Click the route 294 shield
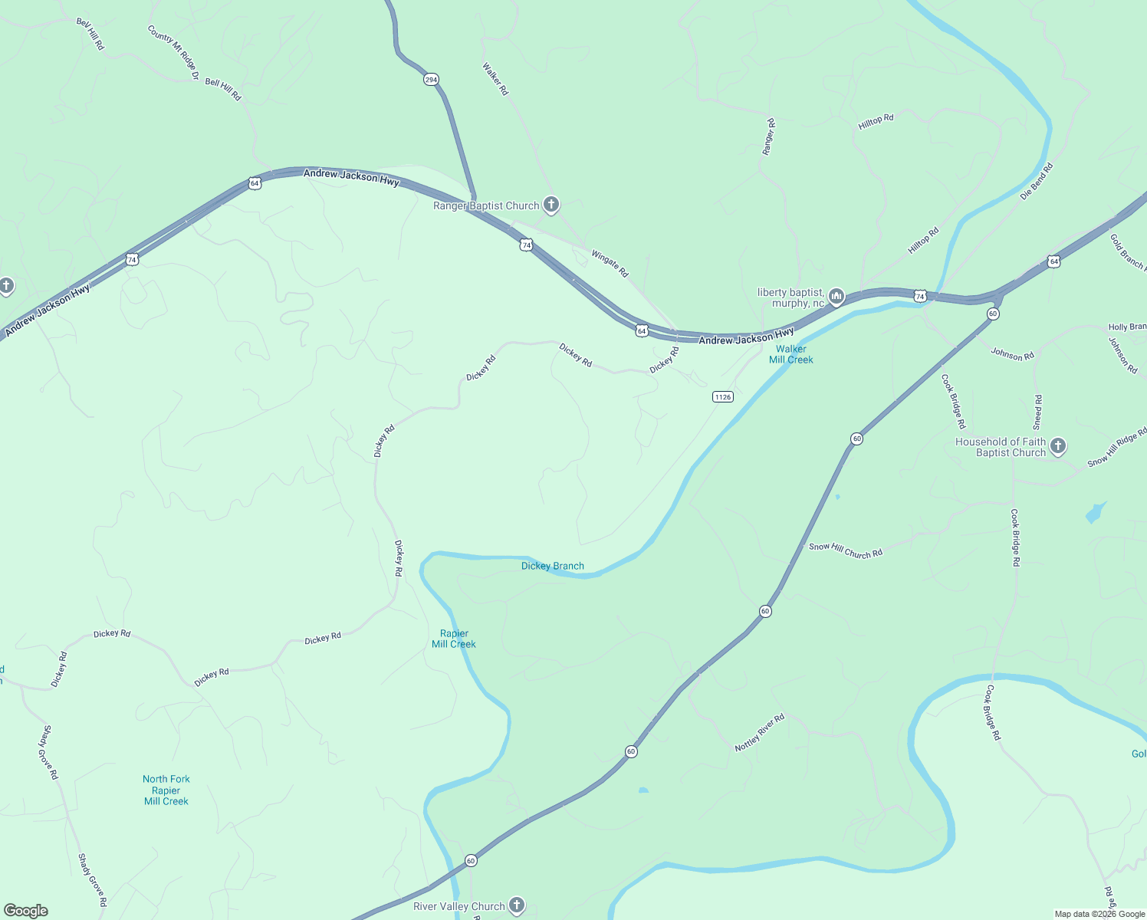431,80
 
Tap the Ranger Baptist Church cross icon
550,205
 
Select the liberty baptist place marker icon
836,296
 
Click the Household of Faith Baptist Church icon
1058,446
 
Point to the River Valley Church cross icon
517,905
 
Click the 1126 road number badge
722,396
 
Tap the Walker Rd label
495,79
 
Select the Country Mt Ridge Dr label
173,53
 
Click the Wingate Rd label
610,263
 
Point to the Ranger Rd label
768,137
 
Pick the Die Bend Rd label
1037,182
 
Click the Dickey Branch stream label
552,566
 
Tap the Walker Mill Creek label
790,354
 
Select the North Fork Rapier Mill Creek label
166,790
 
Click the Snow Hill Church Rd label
846,550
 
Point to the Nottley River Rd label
759,733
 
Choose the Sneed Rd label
1038,412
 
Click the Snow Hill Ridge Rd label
1117,449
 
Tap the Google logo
26,911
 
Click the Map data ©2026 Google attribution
1099,914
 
